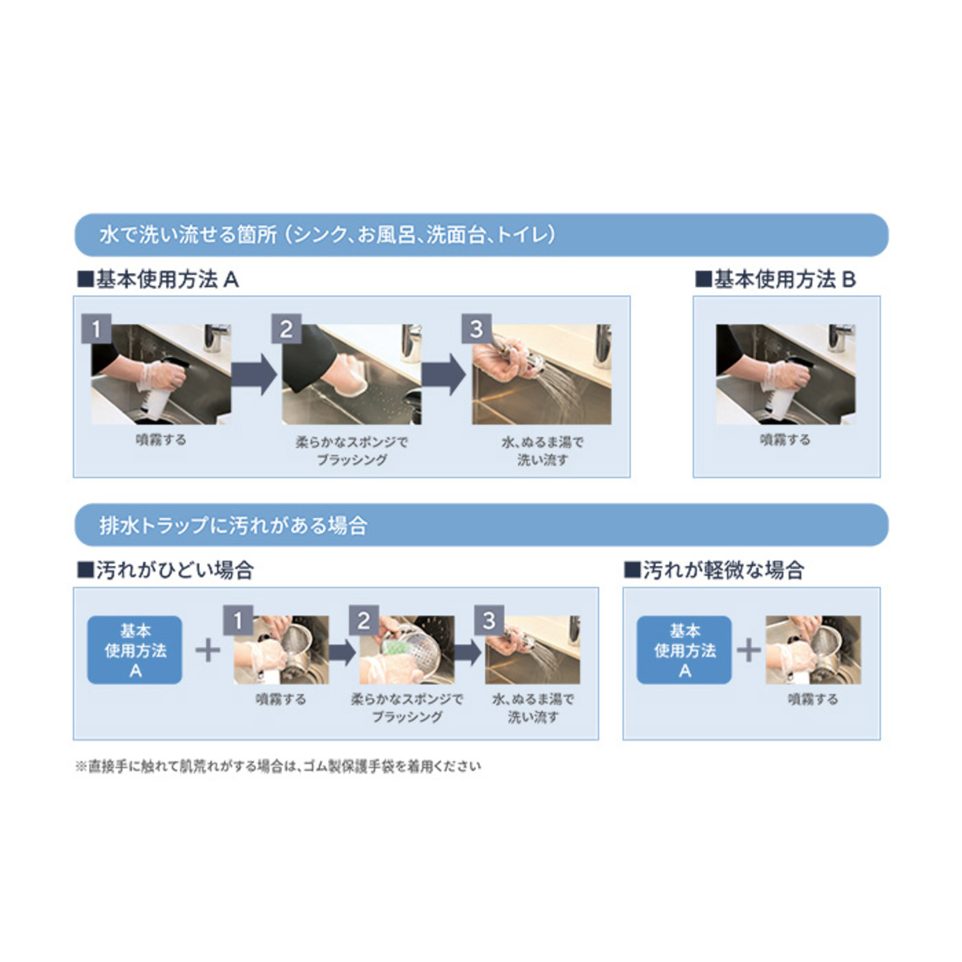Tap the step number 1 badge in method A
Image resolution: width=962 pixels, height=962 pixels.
96,329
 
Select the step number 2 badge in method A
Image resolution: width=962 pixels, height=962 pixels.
286,329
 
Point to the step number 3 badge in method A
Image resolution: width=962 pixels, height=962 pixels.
477,329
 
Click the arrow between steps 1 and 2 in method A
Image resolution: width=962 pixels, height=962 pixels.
253,374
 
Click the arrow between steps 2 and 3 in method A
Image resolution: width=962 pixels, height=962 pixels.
444,374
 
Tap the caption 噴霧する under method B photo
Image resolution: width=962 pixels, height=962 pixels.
786,440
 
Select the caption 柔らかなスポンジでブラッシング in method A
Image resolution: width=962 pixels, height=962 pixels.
352,451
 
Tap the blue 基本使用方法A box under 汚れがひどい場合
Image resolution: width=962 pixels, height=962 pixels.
135,650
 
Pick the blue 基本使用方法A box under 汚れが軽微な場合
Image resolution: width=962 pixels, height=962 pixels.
684,650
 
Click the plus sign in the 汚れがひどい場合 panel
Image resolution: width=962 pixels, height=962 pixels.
208,650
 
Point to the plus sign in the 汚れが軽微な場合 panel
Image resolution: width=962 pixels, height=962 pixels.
749,650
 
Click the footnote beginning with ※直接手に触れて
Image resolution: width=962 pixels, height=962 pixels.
278,766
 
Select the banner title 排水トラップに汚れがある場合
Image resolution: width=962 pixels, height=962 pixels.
233,526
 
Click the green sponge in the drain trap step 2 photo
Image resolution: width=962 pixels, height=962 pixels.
395,647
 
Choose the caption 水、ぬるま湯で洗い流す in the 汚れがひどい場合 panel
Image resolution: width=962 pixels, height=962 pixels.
533,709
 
